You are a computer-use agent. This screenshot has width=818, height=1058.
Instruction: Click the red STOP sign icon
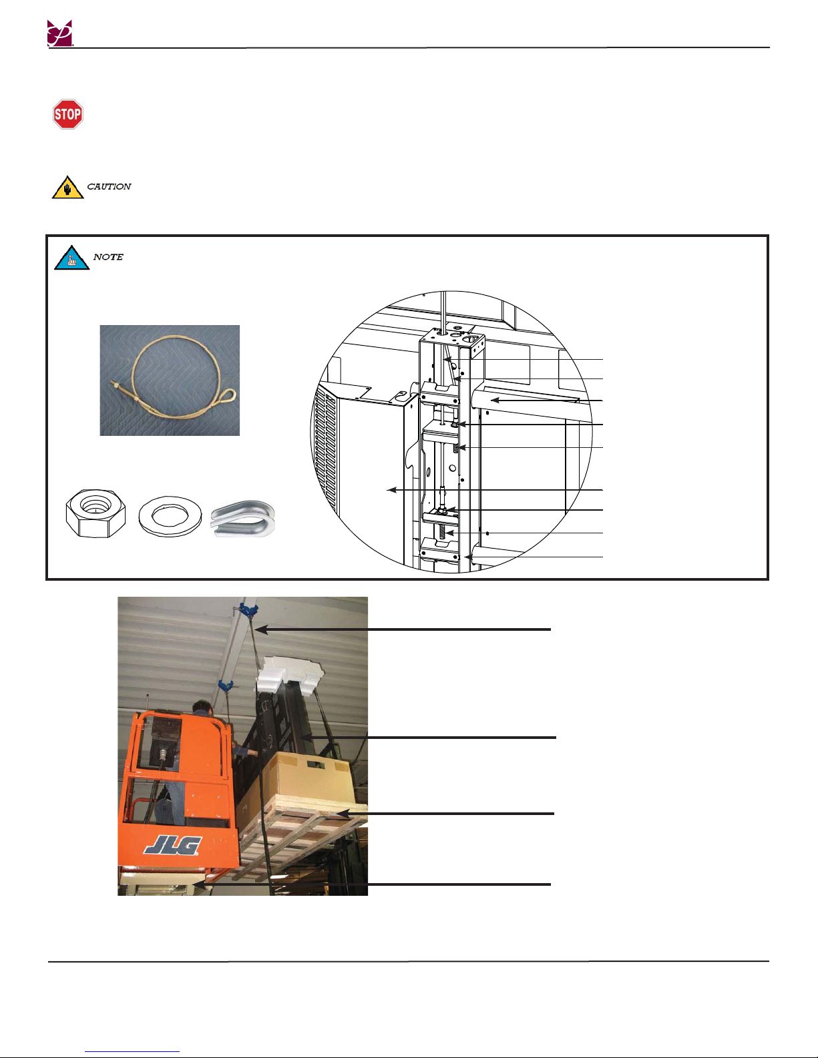pyautogui.click(x=67, y=114)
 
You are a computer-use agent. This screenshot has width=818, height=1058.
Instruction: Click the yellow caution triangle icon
pyautogui.click(x=67, y=188)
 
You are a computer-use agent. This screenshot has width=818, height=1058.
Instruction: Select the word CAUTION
pyautogui.click(x=109, y=186)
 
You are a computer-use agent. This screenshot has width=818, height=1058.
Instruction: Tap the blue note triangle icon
pyautogui.click(x=71, y=258)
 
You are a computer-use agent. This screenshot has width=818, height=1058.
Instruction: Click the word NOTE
pyautogui.click(x=108, y=257)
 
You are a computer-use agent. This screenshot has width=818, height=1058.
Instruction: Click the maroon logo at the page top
pyautogui.click(x=60, y=33)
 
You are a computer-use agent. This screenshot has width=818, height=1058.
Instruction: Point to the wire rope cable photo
pyautogui.click(x=170, y=380)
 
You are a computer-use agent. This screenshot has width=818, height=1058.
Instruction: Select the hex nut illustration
pyautogui.click(x=96, y=513)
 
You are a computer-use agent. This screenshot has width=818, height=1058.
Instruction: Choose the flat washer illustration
pyautogui.click(x=170, y=516)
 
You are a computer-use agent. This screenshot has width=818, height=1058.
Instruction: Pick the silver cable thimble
pyautogui.click(x=243, y=519)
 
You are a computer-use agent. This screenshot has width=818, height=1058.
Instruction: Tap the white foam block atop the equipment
pyautogui.click(x=290, y=672)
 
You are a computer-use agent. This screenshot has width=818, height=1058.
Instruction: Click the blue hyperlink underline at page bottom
pyautogui.click(x=132, y=1052)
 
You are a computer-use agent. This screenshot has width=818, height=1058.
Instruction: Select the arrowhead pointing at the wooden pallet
pyautogui.click(x=343, y=814)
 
